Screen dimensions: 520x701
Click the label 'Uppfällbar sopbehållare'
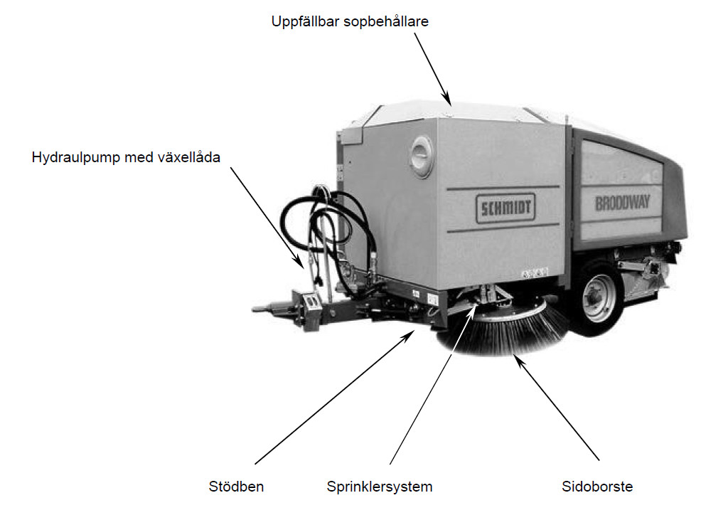pyautogui.click(x=349, y=21)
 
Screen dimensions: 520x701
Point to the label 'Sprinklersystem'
pyautogui.click(x=380, y=487)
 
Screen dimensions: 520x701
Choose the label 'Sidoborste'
pyautogui.click(x=596, y=487)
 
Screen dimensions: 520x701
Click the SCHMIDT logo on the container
pyautogui.click(x=505, y=207)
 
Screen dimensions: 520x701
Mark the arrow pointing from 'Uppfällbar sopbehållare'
pyautogui.click(x=432, y=68)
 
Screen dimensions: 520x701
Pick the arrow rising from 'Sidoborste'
pyautogui.click(x=557, y=405)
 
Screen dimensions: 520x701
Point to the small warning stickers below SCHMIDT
pyautogui.click(x=535, y=272)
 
